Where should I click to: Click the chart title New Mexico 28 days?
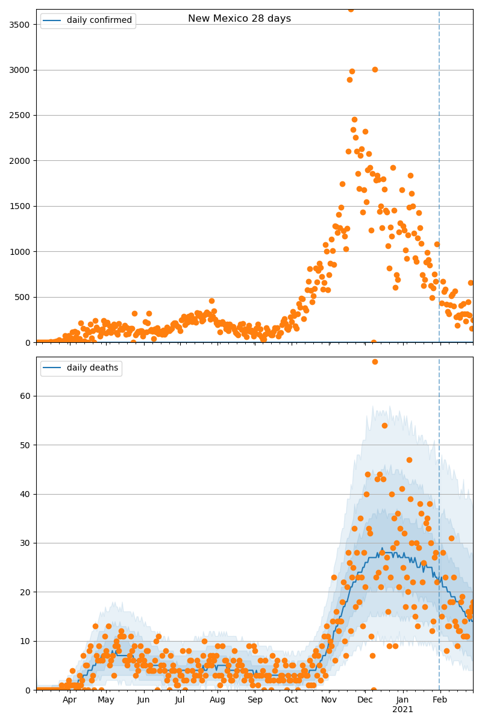239,19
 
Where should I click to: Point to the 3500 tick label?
20,25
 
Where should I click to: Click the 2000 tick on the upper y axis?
20,161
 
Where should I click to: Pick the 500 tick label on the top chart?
22,297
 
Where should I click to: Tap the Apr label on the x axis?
69,700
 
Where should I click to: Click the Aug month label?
218,700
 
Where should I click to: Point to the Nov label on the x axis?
329,700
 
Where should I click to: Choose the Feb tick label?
440,700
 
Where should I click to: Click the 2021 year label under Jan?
402,710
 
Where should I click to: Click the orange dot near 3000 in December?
375,69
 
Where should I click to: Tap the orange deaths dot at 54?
384,425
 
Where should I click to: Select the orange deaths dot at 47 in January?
409,460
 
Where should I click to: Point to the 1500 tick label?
20,206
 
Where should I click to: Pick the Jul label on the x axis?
180,700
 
